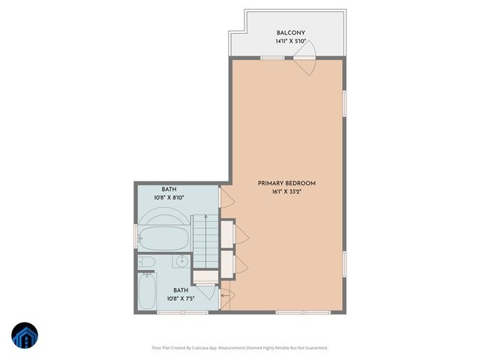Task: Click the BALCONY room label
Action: [289, 33]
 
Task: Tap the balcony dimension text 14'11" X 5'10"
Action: [289, 42]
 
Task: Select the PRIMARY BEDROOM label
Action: [286, 184]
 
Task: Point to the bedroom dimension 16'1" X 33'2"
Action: [286, 193]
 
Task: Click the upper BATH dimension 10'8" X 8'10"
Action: [169, 198]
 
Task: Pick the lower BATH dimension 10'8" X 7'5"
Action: [181, 298]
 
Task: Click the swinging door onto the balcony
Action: [307, 64]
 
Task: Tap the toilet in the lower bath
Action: [147, 262]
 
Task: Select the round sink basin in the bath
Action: [181, 262]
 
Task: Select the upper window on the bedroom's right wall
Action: [344, 103]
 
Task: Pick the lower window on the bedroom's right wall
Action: [344, 262]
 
